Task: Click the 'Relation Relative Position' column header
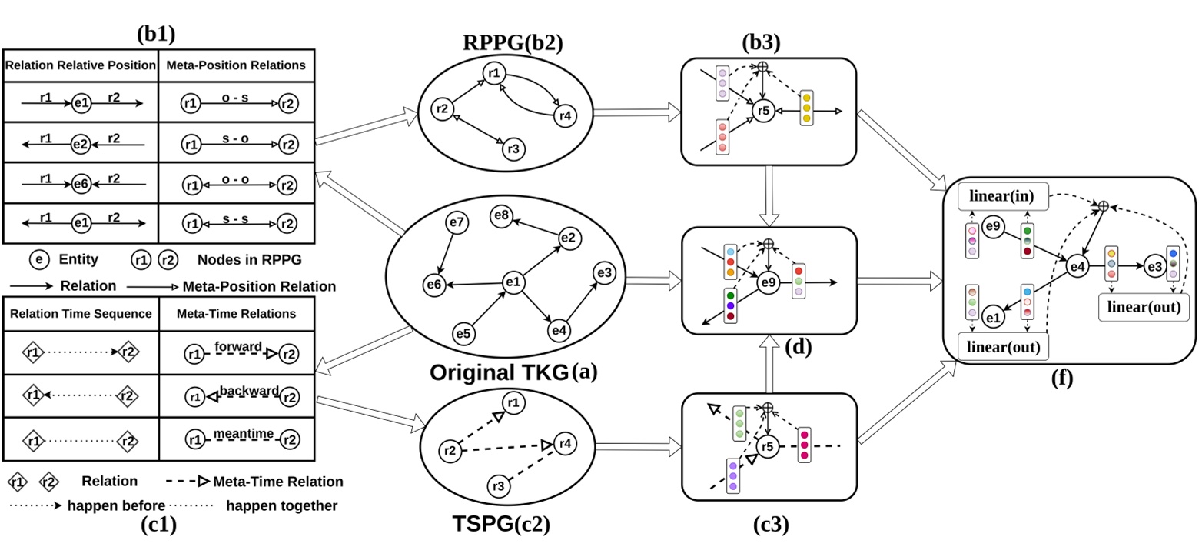pyautogui.click(x=80, y=66)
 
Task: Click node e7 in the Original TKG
pyautogui.click(x=457, y=223)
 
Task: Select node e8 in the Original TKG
pyautogui.click(x=503, y=215)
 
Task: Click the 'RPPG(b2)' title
pyautogui.click(x=512, y=43)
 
